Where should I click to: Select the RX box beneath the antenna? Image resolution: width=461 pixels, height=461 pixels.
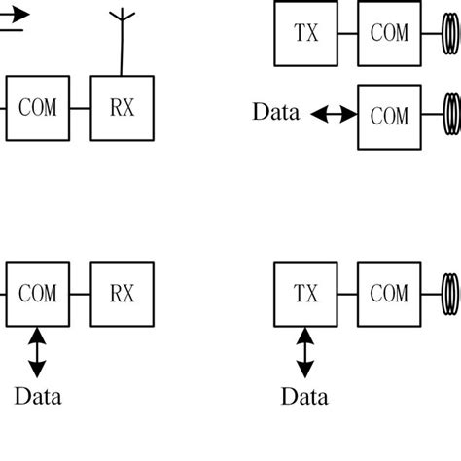[123, 106]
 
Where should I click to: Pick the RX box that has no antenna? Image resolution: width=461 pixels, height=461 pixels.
[123, 293]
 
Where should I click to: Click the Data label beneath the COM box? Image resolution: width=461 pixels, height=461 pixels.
[37, 397]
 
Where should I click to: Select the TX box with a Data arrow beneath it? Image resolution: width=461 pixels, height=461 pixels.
[305, 293]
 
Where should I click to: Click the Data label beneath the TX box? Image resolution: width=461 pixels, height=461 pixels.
[304, 397]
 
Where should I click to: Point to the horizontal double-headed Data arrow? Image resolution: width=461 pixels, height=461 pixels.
[334, 115]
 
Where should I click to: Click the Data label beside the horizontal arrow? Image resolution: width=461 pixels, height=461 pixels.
[276, 112]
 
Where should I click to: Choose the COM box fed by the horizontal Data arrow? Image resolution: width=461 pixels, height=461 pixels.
[390, 116]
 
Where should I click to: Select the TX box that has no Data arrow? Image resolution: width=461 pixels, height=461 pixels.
[305, 31]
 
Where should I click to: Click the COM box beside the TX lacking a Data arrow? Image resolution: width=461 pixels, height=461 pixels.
[390, 31]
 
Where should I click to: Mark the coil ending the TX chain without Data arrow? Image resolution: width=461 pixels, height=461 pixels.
[451, 31]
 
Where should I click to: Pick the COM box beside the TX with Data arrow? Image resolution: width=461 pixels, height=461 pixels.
[390, 293]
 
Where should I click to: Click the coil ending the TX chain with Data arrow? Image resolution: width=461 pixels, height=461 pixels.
[451, 293]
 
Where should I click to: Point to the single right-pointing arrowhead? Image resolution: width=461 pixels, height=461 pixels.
[21, 14]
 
